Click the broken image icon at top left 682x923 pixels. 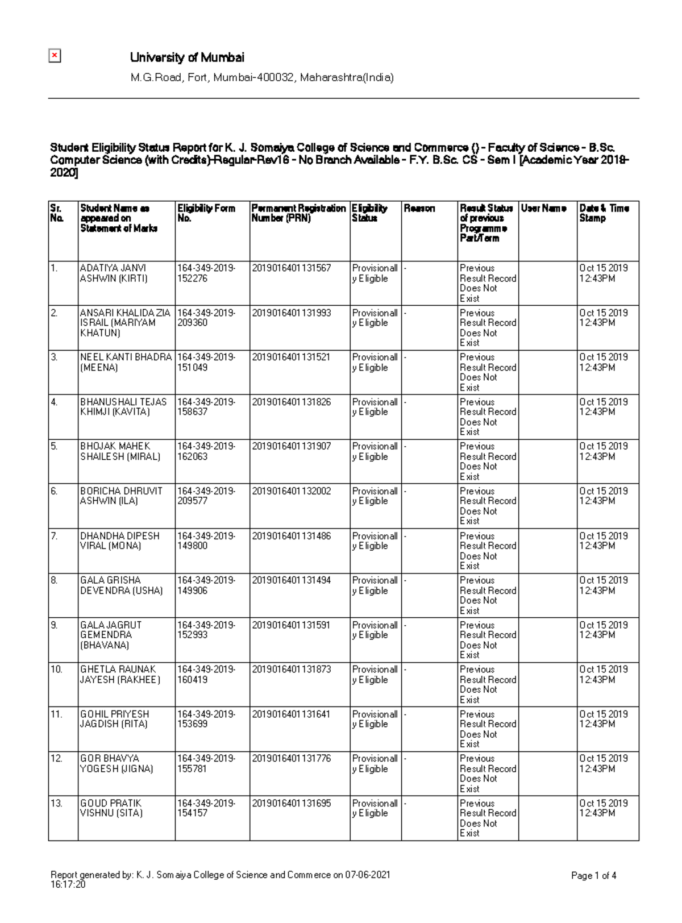pyautogui.click(x=55, y=56)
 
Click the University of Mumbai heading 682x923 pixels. pyautogui.click(x=187, y=57)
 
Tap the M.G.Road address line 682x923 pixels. pyautogui.click(x=261, y=77)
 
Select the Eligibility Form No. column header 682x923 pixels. pyautogui.click(x=206, y=213)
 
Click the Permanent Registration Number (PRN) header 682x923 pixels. pyautogui.click(x=298, y=213)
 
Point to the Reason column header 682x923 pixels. pyautogui.click(x=419, y=209)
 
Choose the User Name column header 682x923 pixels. pyautogui.click(x=543, y=209)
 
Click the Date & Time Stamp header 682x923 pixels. pyautogui.click(x=604, y=213)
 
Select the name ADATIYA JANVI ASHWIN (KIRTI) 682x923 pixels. pyautogui.click(x=114, y=273)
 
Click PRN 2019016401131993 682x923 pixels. pyautogui.click(x=291, y=313)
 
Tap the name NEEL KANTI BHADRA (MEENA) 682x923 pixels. pyautogui.click(x=126, y=362)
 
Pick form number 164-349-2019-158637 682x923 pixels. pyautogui.click(x=206, y=407)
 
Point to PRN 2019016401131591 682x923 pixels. pyautogui.click(x=291, y=625)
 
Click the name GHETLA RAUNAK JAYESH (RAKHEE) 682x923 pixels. pyautogui.click(x=119, y=675)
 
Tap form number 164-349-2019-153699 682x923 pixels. pyautogui.click(x=206, y=719)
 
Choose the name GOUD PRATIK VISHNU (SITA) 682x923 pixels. pyautogui.click(x=111, y=808)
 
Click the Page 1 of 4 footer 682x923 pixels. pyautogui.click(x=593, y=876)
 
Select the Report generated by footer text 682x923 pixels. pyautogui.click(x=220, y=876)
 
